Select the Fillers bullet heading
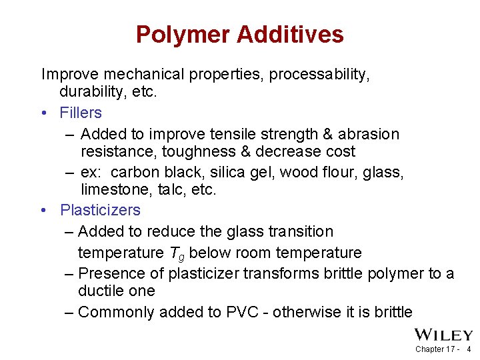click(x=81, y=113)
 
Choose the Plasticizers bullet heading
click(x=100, y=210)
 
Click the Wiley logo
click(x=443, y=335)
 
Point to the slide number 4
click(x=469, y=349)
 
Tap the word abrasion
click(x=369, y=134)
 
